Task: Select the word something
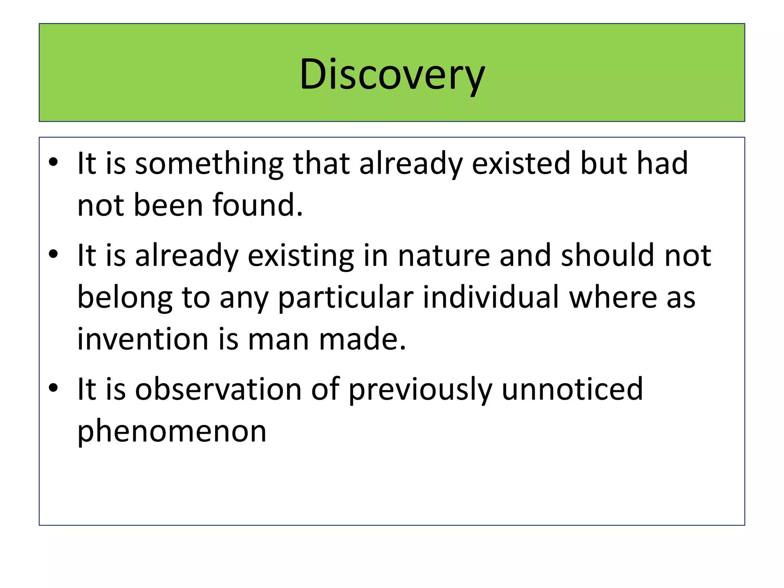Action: pyautogui.click(x=209, y=164)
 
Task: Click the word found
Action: pyautogui.click(x=258, y=205)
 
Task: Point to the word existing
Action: pyautogui.click(x=301, y=256)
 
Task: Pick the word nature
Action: pyautogui.click(x=444, y=256)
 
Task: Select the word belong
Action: pyautogui.click(x=125, y=298)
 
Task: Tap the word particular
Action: pyautogui.click(x=346, y=298)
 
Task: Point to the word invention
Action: pyautogui.click(x=143, y=339)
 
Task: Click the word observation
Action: pyautogui.click(x=218, y=389)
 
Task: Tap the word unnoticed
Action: pyautogui.click(x=572, y=389)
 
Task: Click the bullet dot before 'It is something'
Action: pyautogui.click(x=53, y=163)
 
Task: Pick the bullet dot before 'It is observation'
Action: pyautogui.click(x=53, y=388)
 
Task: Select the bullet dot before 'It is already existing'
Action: pyautogui.click(x=53, y=255)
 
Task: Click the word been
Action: pyautogui.click(x=168, y=205)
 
